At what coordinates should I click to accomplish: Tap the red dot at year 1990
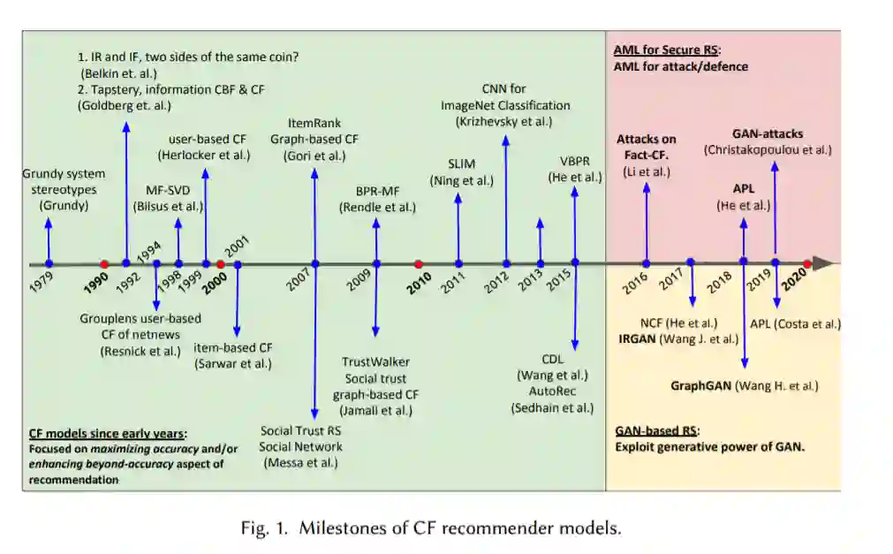click(x=104, y=263)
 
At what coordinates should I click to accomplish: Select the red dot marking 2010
click(x=419, y=263)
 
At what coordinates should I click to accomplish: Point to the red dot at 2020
click(x=807, y=263)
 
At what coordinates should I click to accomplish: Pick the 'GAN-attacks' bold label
click(x=768, y=133)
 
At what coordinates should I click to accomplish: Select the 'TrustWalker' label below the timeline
click(x=375, y=361)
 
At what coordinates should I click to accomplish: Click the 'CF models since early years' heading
click(x=107, y=433)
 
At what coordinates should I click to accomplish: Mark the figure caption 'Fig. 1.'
click(x=263, y=528)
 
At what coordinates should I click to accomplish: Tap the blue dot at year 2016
click(x=647, y=263)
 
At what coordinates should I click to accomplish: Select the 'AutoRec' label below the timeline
click(x=552, y=391)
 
